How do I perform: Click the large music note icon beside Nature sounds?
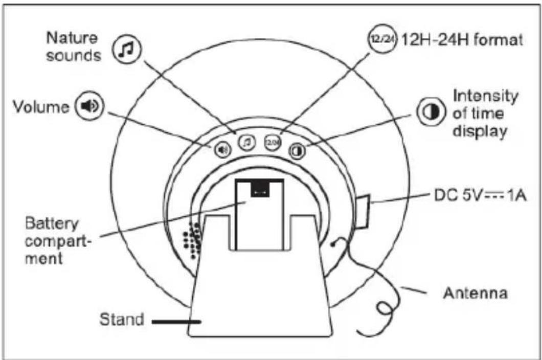[x=126, y=49]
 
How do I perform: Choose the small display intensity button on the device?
[x=297, y=150]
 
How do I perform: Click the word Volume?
[x=41, y=107]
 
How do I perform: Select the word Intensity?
[x=486, y=96]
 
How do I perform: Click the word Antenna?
[x=475, y=294]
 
